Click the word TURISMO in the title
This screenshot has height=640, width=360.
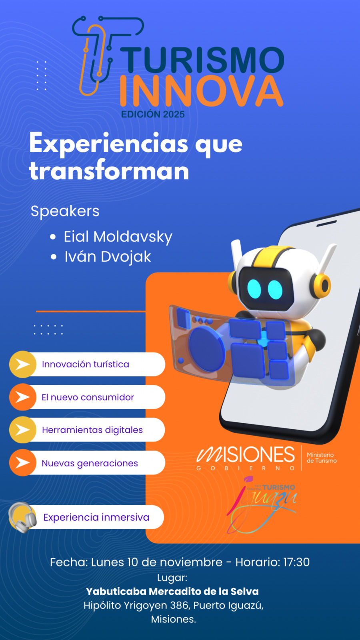[202, 60]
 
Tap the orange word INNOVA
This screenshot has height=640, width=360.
[202, 91]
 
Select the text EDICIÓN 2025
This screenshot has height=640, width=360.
[153, 114]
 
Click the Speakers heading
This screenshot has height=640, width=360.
[65, 212]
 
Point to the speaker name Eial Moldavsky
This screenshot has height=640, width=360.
[118, 237]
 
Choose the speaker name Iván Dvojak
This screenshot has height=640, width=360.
[108, 256]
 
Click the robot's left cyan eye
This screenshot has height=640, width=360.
[254, 289]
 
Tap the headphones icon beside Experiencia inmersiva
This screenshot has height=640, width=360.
[22, 517]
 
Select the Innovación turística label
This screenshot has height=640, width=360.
[86, 364]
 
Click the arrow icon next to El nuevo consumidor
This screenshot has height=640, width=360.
[22, 397]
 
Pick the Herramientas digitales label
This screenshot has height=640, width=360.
[92, 430]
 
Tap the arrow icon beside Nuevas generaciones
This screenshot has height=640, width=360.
[22, 462]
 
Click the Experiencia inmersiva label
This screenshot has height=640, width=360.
[96, 518]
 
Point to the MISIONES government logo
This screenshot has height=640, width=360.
[246, 458]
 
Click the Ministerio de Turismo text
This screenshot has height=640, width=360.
[322, 458]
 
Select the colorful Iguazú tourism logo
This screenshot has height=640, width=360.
[262, 504]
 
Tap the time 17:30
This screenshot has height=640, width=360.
[296, 562]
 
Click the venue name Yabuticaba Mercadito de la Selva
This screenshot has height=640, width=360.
[172, 591]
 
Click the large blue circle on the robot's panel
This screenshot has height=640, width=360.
[206, 350]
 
